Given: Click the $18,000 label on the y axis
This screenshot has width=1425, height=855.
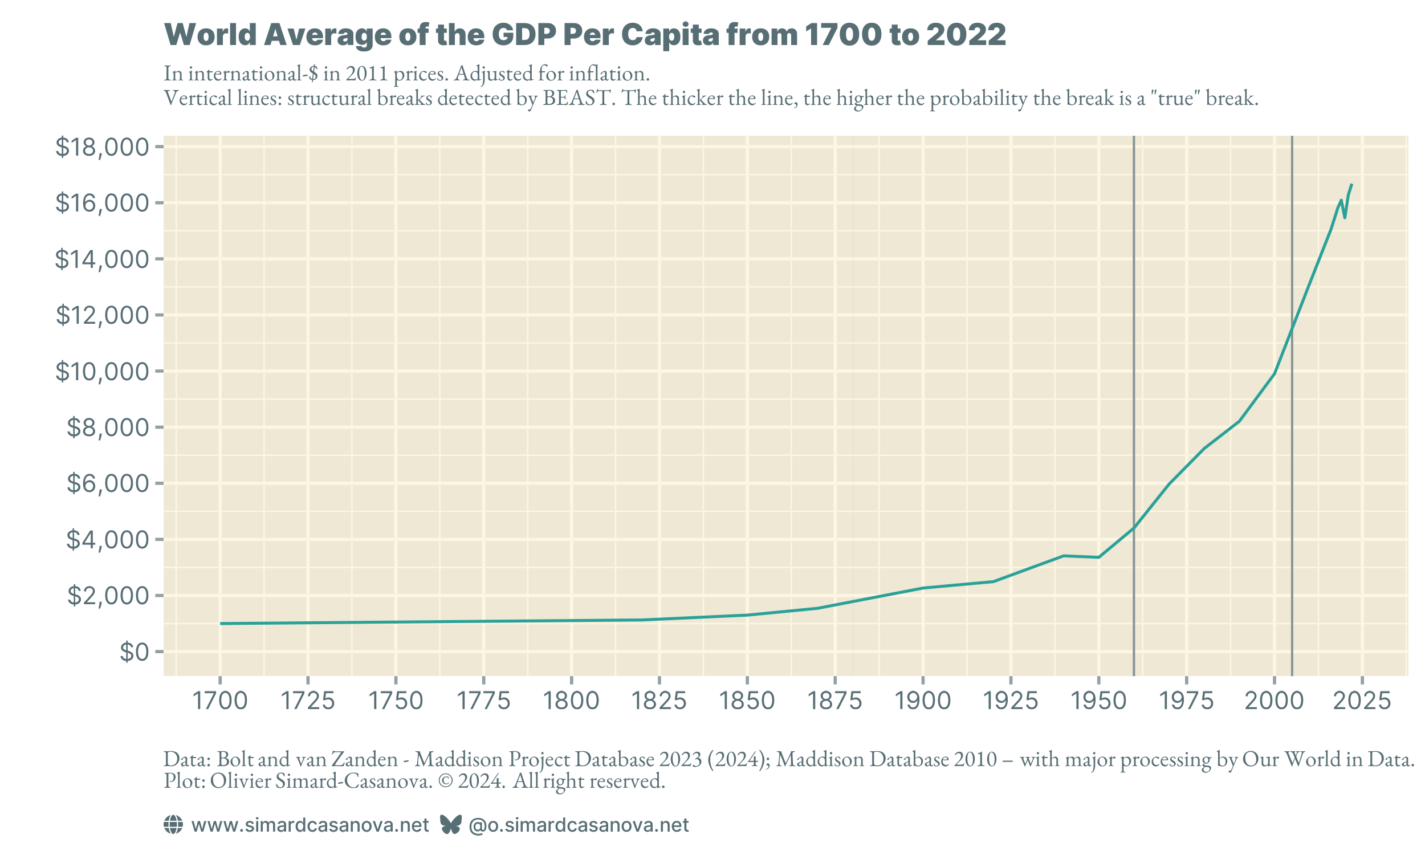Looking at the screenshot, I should tap(102, 148).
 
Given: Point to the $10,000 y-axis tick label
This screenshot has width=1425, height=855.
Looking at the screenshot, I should tap(102, 372).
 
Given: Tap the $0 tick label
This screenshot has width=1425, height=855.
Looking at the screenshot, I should tap(134, 652).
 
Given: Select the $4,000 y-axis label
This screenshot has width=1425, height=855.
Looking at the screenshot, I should tap(108, 540).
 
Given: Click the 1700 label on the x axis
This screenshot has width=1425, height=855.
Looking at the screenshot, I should tap(219, 701).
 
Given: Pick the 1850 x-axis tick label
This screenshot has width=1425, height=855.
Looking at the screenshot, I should tap(747, 701).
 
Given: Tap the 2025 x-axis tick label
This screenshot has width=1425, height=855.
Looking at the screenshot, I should tap(1362, 701).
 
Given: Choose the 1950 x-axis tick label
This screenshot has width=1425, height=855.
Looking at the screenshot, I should tap(1098, 701).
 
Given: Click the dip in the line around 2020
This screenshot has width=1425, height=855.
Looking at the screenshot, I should tap(1345, 217).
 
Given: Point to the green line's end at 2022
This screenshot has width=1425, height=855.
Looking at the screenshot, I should tap(1351, 185).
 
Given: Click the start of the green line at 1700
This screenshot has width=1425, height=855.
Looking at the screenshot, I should tap(221, 624).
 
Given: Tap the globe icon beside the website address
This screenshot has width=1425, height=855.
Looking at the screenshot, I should tap(173, 825).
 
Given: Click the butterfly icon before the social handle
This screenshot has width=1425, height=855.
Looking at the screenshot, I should tap(450, 825).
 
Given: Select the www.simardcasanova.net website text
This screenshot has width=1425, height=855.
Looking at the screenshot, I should tap(310, 825).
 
